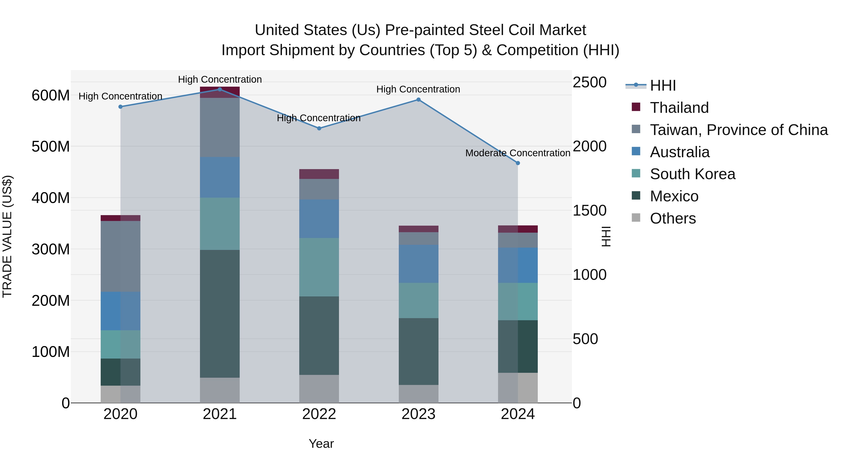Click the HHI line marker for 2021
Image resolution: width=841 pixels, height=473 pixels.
click(220, 89)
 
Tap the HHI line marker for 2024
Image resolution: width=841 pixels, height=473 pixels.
click(518, 163)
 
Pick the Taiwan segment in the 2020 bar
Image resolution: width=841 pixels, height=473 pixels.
click(121, 256)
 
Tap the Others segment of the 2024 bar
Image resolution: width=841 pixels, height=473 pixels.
click(518, 388)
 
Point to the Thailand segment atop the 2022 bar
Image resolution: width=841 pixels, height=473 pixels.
click(319, 174)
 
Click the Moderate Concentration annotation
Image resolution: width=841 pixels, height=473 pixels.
click(517, 153)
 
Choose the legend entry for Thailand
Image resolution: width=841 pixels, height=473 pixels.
click(679, 108)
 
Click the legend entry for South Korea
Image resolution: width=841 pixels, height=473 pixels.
click(692, 174)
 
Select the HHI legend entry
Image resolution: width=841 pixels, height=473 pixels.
click(663, 85)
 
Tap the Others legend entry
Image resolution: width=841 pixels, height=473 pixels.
click(673, 218)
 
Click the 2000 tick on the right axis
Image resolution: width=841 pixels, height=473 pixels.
click(590, 146)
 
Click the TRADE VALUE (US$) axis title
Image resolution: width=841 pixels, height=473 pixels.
click(7, 236)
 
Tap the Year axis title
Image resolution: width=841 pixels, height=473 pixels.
click(321, 444)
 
